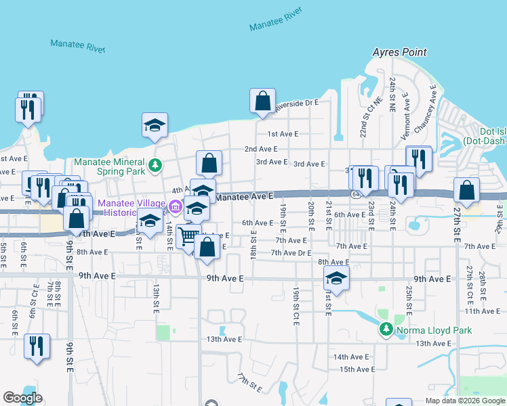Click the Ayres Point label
click(x=399, y=52)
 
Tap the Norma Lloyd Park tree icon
click(x=386, y=330)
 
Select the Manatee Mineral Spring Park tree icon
click(x=155, y=164)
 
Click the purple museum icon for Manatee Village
click(x=175, y=206)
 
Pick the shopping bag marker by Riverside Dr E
click(x=262, y=101)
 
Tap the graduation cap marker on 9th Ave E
click(x=336, y=278)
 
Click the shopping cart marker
click(x=189, y=236)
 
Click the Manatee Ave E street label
click(x=243, y=196)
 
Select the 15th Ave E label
click(x=357, y=369)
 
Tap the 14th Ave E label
click(x=350, y=357)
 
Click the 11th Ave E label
click(x=481, y=311)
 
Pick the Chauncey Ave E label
click(x=424, y=109)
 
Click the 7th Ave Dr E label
click(x=291, y=253)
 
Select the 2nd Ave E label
click(x=261, y=149)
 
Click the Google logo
click(x=22, y=398)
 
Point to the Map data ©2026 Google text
click(x=464, y=401)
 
